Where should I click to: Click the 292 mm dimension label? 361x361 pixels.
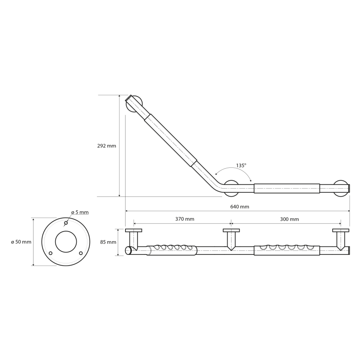pos(106,146)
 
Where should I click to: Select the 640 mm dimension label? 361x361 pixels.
pos(240,207)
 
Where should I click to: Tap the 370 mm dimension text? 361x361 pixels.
pos(185,219)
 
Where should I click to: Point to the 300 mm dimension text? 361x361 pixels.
pos(289,219)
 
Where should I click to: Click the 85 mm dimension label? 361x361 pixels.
pos(108,242)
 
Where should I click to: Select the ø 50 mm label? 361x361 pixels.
pos(21,242)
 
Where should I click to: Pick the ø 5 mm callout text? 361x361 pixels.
pos(80,212)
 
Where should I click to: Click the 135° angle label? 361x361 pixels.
pos(241,165)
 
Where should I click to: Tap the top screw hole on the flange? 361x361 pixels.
pos(66,223)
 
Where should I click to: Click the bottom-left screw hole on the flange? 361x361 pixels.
pos(51,253)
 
